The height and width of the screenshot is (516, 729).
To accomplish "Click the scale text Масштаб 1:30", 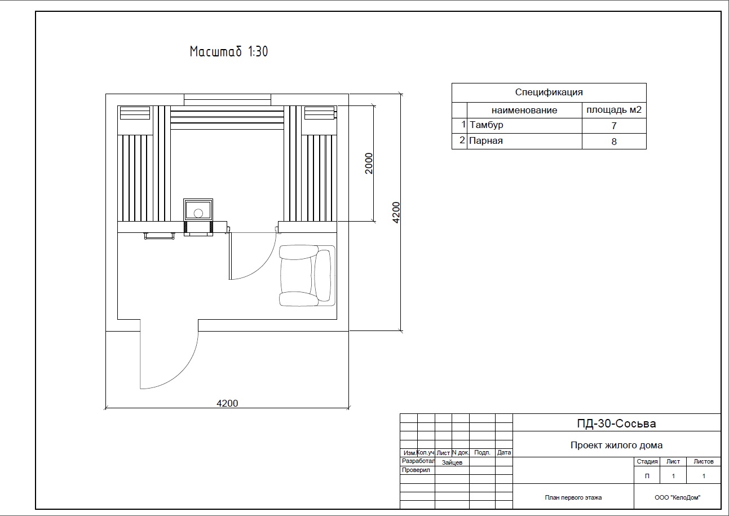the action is [x=229, y=52].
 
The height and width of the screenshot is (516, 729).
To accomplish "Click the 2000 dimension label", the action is [x=369, y=164].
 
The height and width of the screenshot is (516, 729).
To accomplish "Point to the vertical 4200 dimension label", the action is [x=396, y=213].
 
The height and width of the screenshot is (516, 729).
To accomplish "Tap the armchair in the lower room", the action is [x=307, y=275].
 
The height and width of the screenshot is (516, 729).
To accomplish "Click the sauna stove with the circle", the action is [x=198, y=210].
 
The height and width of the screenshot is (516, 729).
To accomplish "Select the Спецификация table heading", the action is [x=549, y=92].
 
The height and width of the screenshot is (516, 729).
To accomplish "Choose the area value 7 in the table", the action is [x=614, y=126].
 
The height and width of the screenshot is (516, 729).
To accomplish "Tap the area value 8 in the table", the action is [x=614, y=142].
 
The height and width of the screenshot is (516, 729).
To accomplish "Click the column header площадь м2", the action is [x=614, y=110].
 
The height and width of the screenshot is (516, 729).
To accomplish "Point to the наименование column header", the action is [x=524, y=111].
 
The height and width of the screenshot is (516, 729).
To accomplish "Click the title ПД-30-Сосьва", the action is [x=616, y=424].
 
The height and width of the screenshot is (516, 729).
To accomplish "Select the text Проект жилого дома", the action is [x=616, y=445].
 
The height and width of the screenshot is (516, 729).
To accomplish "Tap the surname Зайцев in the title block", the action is [x=452, y=462].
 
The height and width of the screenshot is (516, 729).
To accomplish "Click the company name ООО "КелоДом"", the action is [x=677, y=497].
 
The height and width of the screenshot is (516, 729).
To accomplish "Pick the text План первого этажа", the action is [x=573, y=497].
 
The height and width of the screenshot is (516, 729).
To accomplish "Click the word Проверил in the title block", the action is [x=416, y=470].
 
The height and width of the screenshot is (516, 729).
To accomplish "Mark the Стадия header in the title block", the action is [x=647, y=461].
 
